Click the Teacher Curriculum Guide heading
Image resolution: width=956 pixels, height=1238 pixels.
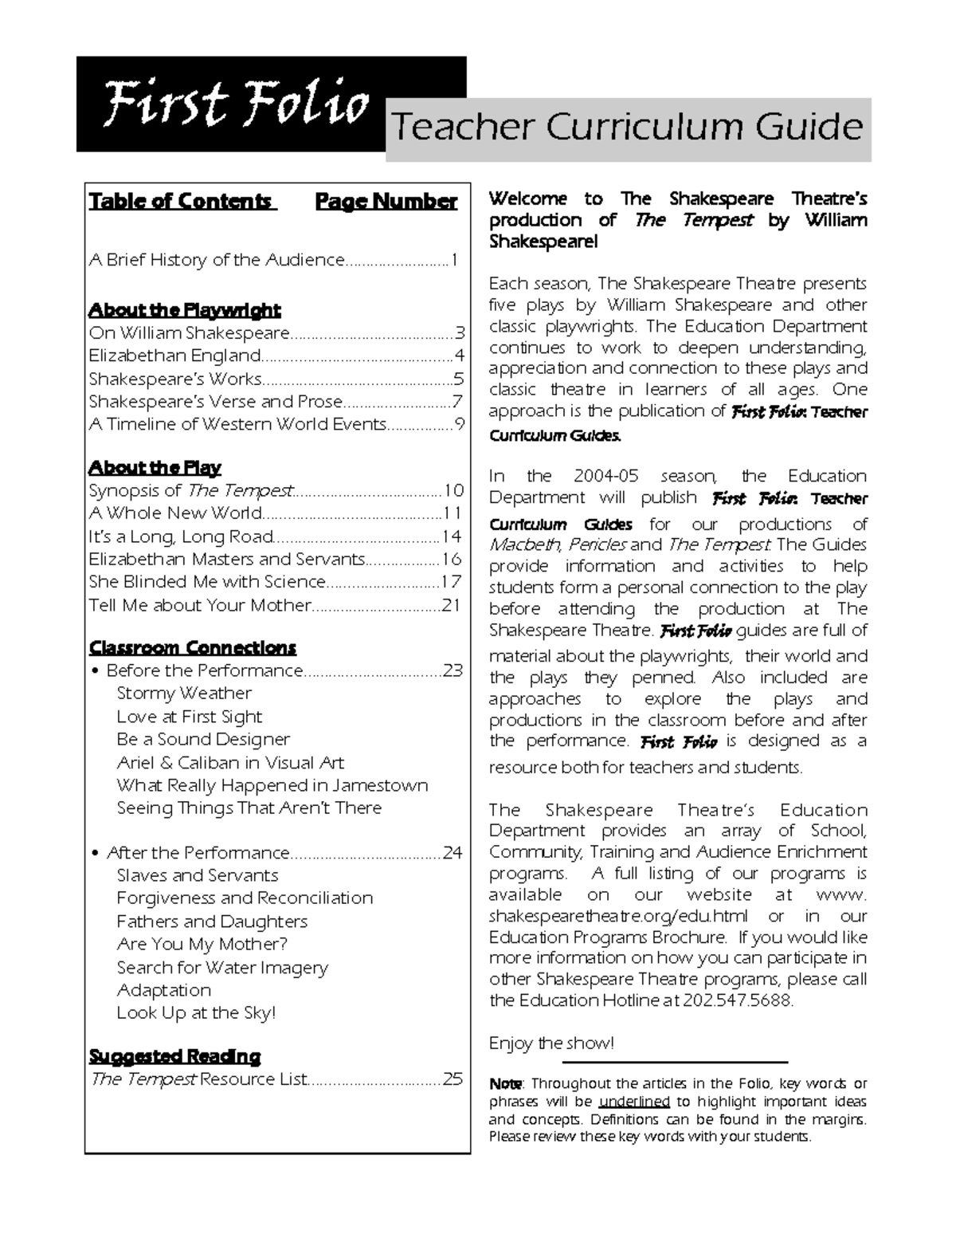point(628,128)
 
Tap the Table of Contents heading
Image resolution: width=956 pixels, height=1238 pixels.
point(181,201)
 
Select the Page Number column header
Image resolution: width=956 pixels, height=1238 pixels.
point(386,201)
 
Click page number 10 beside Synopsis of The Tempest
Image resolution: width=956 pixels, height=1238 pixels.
point(453,490)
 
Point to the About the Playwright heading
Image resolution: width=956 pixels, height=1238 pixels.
point(184,309)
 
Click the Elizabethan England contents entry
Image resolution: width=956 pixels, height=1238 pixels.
point(174,356)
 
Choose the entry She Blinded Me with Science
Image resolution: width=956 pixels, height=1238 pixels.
point(207,582)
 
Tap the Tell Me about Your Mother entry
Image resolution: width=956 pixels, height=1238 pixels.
point(199,605)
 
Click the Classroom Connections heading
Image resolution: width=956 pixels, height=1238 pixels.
point(192,647)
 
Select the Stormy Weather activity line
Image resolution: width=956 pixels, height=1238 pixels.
point(183,694)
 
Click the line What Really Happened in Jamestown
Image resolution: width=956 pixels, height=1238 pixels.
point(272,785)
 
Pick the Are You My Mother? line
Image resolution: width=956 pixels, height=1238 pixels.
point(202,944)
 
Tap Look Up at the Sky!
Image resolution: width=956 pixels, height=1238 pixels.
point(196,1012)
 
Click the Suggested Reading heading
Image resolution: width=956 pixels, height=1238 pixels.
point(174,1056)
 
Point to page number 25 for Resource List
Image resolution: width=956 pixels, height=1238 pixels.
point(453,1079)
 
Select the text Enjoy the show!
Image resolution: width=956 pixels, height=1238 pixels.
point(551,1043)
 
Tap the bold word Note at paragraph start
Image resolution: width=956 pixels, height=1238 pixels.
point(505,1083)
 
